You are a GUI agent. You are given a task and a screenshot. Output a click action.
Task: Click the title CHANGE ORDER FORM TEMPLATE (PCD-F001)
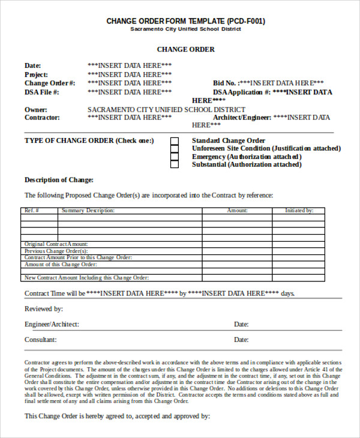pos(185,21)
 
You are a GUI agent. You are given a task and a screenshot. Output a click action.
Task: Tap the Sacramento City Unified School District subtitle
pos(185,29)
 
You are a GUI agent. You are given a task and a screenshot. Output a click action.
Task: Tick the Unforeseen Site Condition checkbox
pos(175,149)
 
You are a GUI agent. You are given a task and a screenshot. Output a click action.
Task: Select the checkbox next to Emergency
pos(175,157)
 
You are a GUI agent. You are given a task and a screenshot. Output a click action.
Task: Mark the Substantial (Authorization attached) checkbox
pos(175,164)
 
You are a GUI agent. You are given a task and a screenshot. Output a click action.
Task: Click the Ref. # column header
pos(31,211)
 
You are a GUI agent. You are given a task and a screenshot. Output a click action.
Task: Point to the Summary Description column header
pos(88,211)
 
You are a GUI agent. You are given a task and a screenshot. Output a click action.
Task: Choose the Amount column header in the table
pos(237,211)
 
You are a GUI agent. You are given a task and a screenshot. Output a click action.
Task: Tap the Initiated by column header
pos(299,211)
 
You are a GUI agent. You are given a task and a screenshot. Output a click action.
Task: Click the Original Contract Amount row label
pos(56,244)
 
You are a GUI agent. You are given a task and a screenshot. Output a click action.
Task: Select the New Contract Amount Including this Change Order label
pos(86,278)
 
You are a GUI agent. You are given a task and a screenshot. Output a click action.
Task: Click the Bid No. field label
pos(225,83)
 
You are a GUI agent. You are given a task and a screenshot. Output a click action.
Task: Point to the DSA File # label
pos(42,92)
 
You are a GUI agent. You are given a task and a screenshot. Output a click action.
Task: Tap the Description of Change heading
pos(59,179)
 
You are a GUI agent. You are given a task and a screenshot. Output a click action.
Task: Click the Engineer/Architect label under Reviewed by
pos(52,324)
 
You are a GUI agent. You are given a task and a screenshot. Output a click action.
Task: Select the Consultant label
pos(41,339)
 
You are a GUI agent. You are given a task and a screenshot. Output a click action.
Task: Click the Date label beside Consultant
pos(241,339)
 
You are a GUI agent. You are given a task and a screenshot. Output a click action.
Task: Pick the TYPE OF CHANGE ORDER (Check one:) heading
pos(89,140)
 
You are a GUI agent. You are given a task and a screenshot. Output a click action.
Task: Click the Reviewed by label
pos(44,309)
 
